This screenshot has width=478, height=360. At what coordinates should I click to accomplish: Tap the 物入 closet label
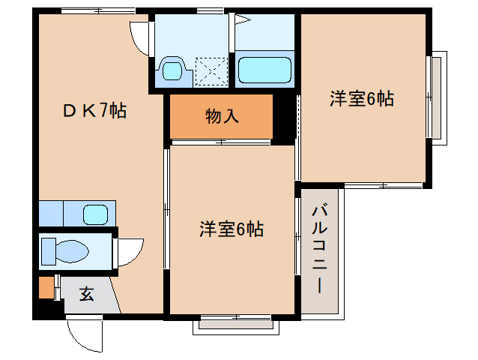(x=223, y=116)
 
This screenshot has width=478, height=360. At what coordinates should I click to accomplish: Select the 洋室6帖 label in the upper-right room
(x=361, y=98)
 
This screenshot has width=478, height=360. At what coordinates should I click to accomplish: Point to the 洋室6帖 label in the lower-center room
(x=231, y=229)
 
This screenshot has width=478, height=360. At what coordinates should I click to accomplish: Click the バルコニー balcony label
(x=320, y=247)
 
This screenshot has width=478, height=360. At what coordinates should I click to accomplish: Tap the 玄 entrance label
(x=87, y=294)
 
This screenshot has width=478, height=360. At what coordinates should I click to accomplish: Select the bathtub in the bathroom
(x=264, y=71)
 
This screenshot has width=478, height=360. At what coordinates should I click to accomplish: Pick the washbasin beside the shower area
(x=173, y=72)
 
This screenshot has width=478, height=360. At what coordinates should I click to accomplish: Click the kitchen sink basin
(x=96, y=215)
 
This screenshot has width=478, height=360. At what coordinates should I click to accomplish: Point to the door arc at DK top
(x=140, y=36)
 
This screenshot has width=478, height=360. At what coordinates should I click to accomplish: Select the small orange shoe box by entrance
(x=46, y=288)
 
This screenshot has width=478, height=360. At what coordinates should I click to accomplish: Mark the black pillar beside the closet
(x=284, y=118)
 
